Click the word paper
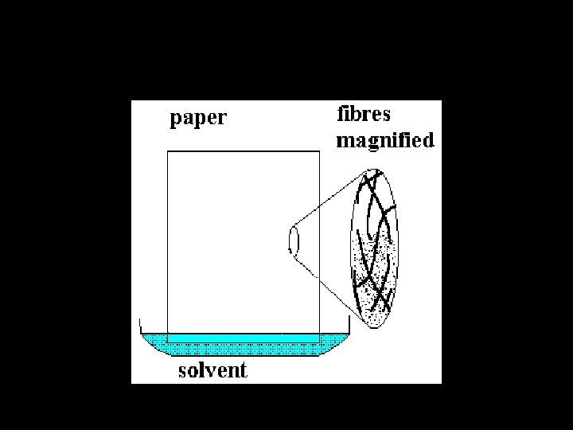click(x=198, y=119)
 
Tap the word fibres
click(x=364, y=114)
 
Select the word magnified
click(x=385, y=142)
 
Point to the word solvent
click(x=212, y=370)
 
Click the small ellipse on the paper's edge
click(x=292, y=241)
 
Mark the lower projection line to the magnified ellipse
click(x=322, y=283)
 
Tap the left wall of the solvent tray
click(x=140, y=326)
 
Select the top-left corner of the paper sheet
click(x=168, y=151)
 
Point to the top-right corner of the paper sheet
click(x=319, y=151)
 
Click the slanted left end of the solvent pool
click(x=148, y=345)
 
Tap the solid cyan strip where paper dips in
click(x=243, y=338)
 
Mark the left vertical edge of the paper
click(x=168, y=239)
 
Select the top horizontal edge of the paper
click(x=243, y=151)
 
